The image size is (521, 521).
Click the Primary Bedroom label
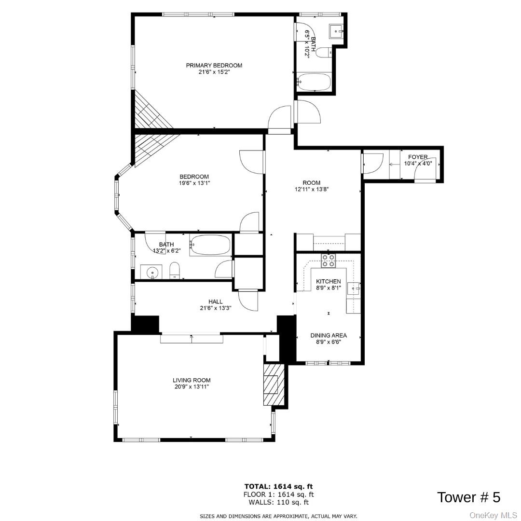(x=214, y=66)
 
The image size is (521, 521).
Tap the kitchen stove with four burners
(x=329, y=260)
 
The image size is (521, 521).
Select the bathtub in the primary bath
(x=314, y=82)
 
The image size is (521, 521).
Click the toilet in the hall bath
(x=175, y=271)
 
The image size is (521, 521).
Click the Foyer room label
(x=417, y=157)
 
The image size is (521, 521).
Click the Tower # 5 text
(x=468, y=497)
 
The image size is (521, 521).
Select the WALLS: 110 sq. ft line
(x=279, y=502)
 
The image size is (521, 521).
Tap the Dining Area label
(x=329, y=336)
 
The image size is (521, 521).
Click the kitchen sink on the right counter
(x=354, y=289)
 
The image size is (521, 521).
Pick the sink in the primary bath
(x=336, y=31)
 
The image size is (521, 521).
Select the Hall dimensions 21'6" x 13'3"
(x=216, y=308)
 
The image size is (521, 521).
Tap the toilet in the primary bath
(x=323, y=52)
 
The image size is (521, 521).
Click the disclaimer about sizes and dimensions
(x=279, y=516)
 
